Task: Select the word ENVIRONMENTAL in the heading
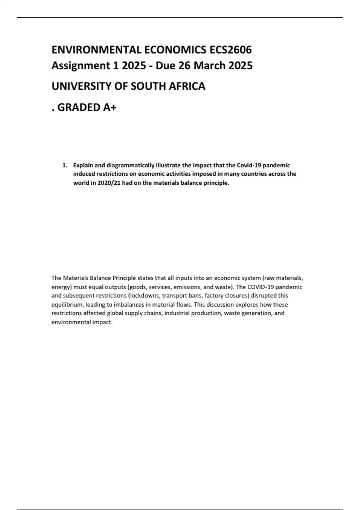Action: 96,50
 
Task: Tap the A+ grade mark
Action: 109,107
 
